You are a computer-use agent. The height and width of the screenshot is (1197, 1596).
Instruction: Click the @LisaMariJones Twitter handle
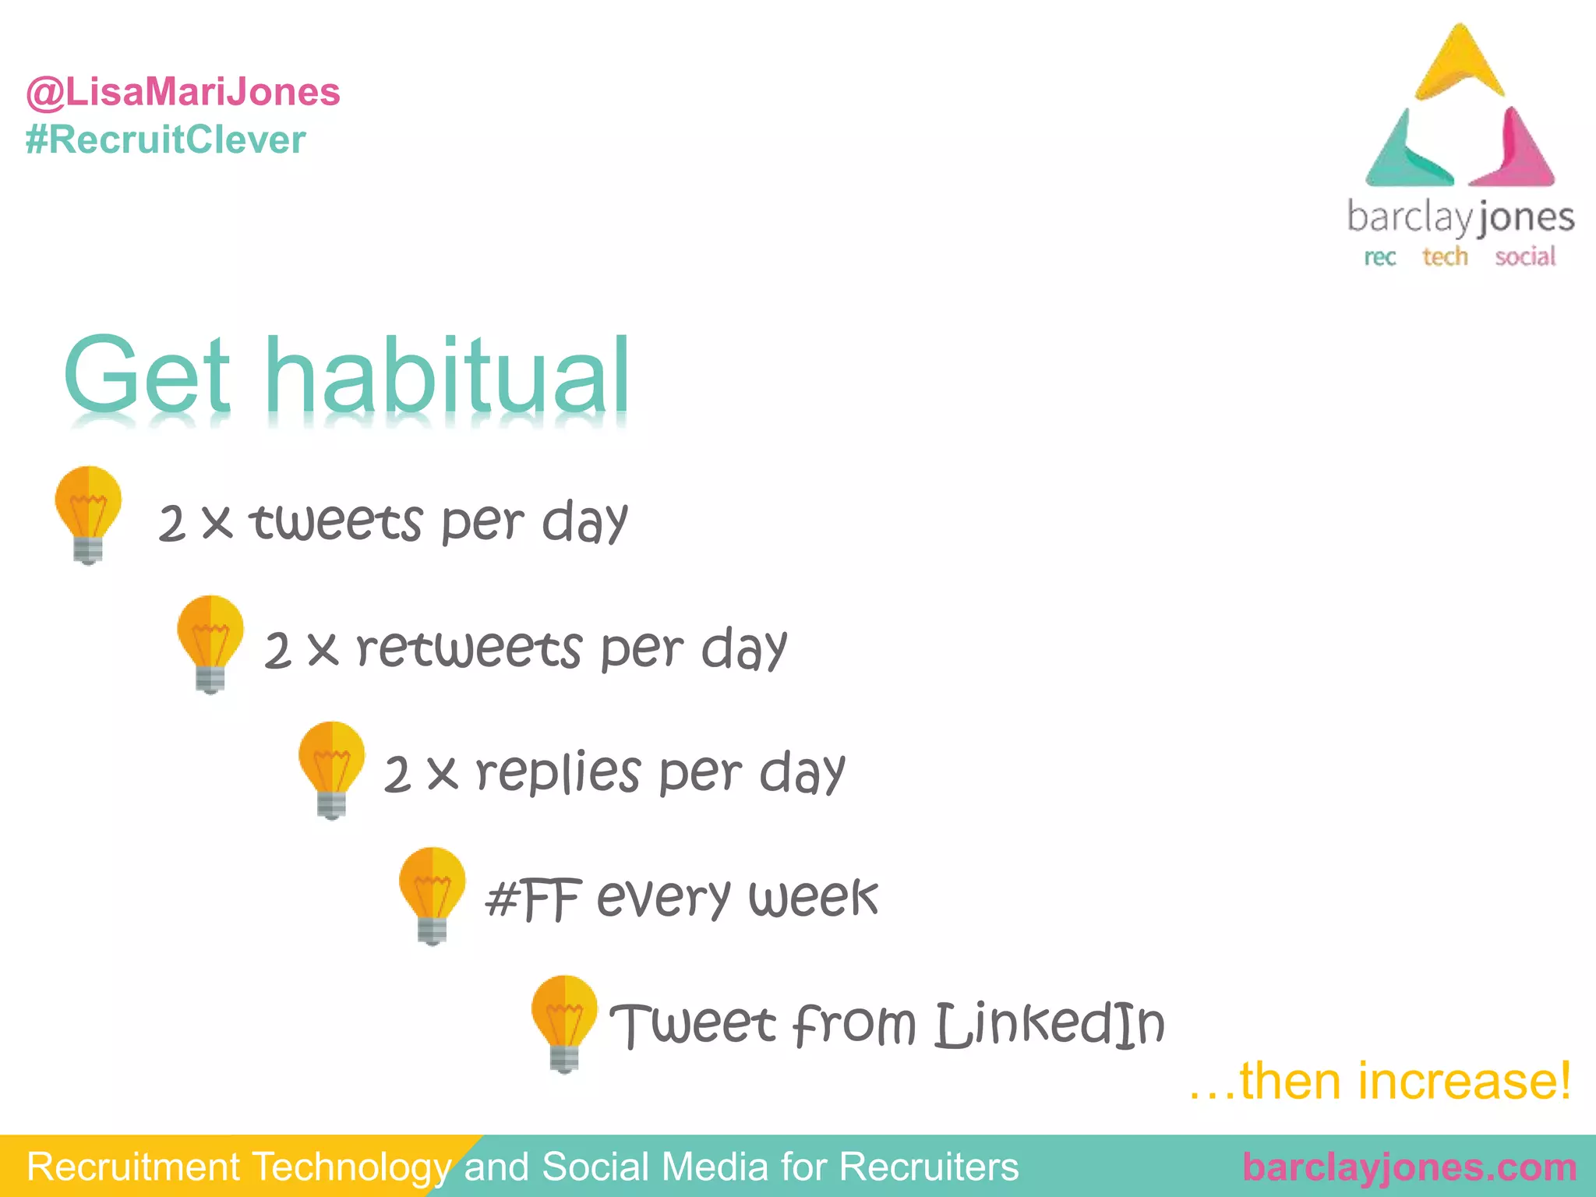pos(183,92)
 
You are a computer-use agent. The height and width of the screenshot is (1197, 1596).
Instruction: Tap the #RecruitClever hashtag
pos(165,140)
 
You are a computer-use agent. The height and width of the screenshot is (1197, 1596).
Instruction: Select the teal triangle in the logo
pos(1403,156)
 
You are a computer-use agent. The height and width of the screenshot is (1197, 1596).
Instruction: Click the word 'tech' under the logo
pos(1445,256)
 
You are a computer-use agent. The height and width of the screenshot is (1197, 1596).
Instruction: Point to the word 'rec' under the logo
pos(1379,257)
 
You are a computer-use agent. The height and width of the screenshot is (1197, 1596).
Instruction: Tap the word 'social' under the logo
pos(1525,256)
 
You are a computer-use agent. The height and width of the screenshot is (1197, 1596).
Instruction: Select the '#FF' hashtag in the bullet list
pos(533,899)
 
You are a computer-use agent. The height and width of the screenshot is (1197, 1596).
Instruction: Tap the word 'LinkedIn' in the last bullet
pos(1049,1024)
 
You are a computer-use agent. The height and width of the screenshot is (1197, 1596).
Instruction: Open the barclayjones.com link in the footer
pos(1410,1167)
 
